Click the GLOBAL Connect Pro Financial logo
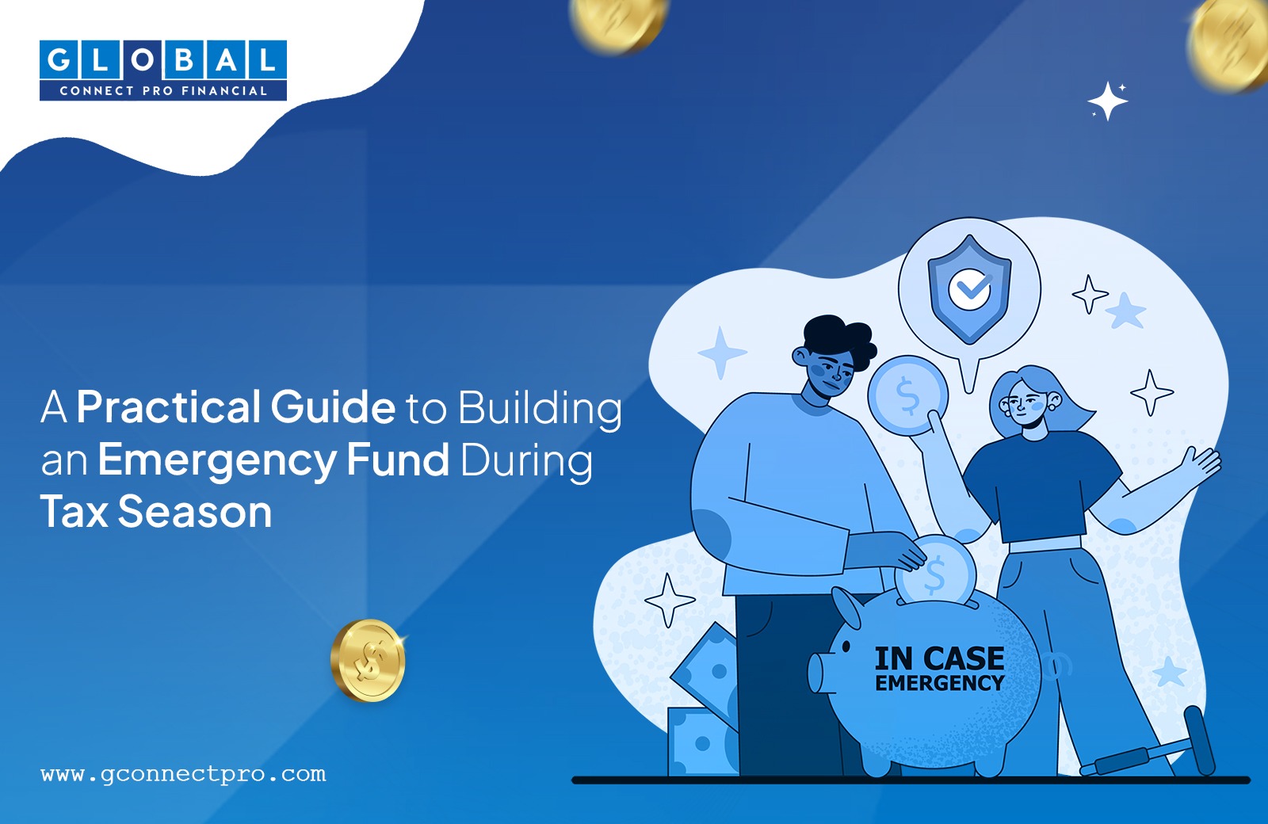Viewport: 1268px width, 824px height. point(163,71)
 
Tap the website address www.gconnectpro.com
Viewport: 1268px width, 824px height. point(183,773)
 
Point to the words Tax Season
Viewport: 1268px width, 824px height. point(155,512)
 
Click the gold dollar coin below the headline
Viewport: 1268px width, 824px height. point(369,661)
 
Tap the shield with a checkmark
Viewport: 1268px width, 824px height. point(969,289)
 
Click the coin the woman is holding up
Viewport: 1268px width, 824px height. point(907,395)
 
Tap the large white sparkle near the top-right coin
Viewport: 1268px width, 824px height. point(1107,101)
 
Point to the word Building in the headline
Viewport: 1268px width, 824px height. point(540,410)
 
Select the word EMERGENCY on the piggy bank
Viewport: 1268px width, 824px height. point(940,682)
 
